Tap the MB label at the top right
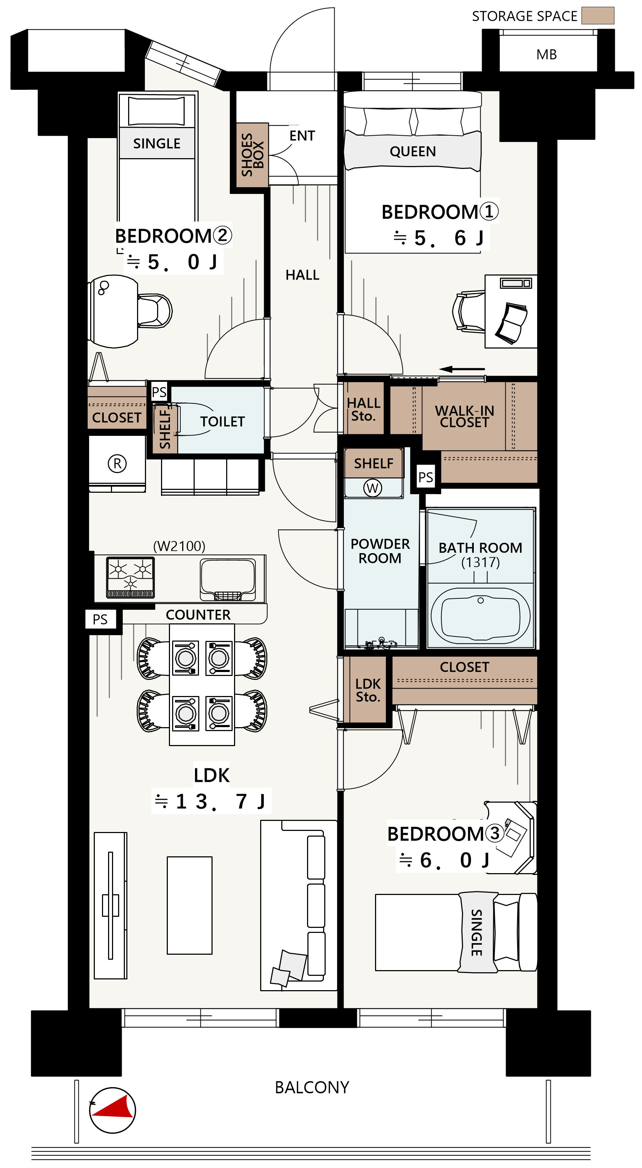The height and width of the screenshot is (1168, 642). click(x=546, y=55)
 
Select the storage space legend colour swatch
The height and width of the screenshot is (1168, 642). click(x=598, y=15)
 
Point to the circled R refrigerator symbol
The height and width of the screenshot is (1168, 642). click(x=117, y=463)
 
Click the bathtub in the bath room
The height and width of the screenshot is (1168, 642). click(x=481, y=615)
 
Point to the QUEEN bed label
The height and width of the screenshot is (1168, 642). click(x=413, y=151)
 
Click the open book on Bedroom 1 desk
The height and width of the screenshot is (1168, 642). click(x=512, y=323)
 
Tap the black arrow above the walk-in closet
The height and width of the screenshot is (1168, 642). click(x=462, y=369)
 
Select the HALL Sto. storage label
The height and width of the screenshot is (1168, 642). click(x=363, y=409)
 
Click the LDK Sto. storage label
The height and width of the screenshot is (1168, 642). click(x=368, y=690)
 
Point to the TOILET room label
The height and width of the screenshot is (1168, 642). click(x=222, y=422)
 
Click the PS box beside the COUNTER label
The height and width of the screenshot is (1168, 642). click(x=100, y=619)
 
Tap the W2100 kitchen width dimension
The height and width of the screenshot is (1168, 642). click(x=179, y=546)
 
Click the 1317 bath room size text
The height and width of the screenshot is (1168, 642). click(x=481, y=562)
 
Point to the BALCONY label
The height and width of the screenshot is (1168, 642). click(x=312, y=1087)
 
